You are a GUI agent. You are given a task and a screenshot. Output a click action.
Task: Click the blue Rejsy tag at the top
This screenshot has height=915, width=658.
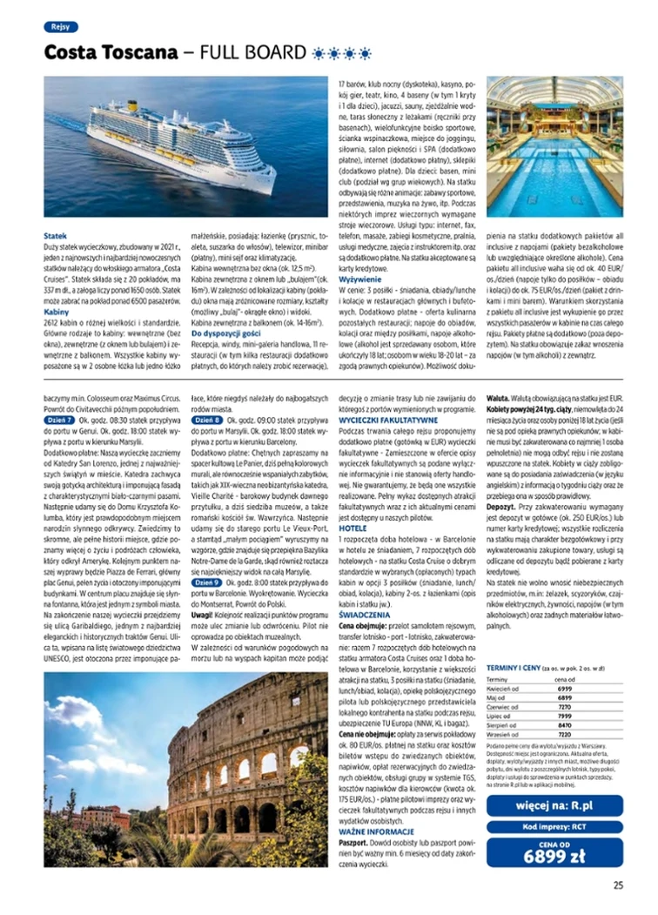[60, 27]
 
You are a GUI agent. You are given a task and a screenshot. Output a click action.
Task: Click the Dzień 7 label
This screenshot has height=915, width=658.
[57, 420]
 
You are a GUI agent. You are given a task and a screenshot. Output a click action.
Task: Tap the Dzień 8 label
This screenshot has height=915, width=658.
[205, 420]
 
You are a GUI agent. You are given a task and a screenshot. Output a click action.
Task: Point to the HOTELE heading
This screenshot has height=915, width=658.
[352, 528]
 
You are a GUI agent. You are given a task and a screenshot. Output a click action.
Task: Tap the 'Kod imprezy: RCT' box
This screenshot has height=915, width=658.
[554, 825]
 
